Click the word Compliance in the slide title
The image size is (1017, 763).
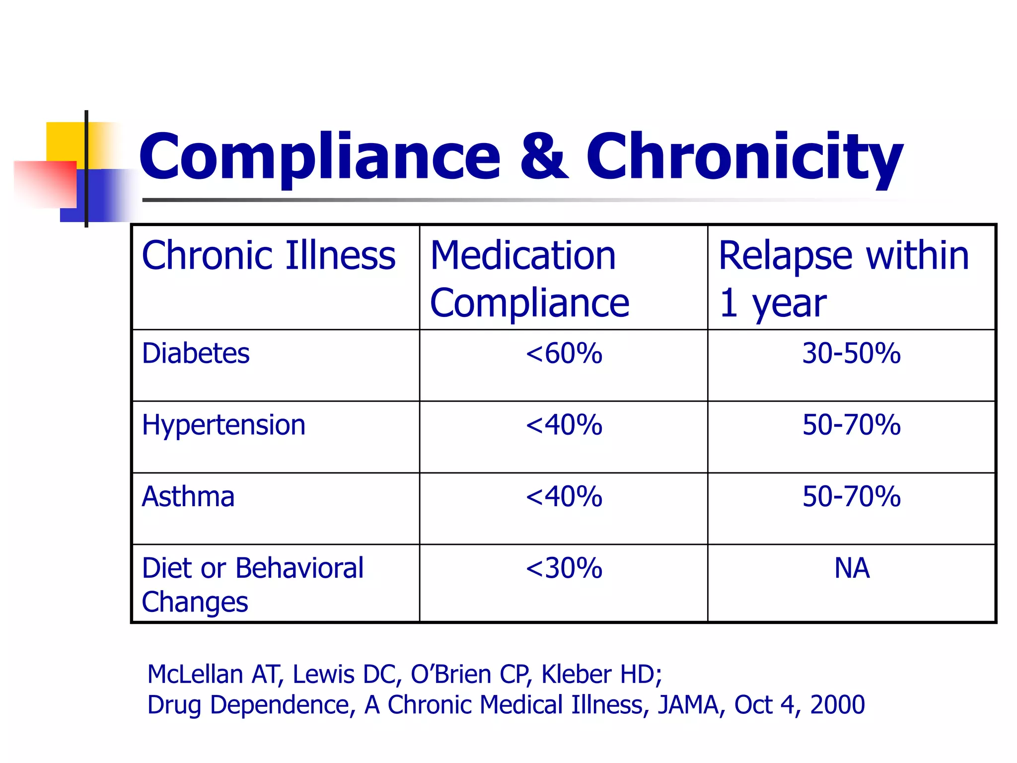(x=320, y=156)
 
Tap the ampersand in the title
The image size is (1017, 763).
(x=543, y=156)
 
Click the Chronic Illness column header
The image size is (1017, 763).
(x=269, y=256)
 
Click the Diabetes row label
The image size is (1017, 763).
(x=196, y=353)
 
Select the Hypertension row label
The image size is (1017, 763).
(x=223, y=425)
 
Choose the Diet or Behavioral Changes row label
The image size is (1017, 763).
(x=252, y=584)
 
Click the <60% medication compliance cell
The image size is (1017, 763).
(x=564, y=353)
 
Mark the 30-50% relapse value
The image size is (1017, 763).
(x=851, y=353)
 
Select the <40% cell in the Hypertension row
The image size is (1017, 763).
(x=564, y=425)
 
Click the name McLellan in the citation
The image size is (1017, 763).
(x=195, y=675)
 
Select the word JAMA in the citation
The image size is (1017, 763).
(x=687, y=705)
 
